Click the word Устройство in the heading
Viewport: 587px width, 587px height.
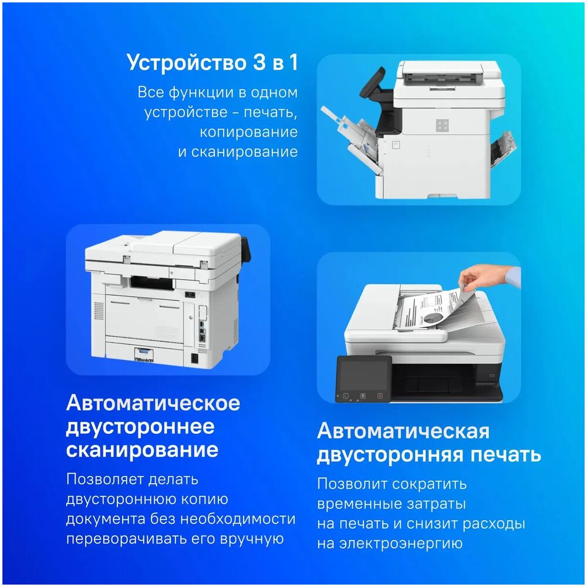[186, 62]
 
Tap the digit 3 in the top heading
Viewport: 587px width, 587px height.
[259, 62]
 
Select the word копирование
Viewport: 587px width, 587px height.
[248, 132]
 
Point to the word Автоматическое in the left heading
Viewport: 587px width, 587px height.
[153, 403]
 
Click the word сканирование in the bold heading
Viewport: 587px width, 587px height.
[142, 450]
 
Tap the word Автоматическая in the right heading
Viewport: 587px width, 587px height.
[403, 431]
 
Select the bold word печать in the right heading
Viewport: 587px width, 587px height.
[506, 455]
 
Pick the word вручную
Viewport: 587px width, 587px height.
[252, 539]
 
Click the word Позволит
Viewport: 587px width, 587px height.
[352, 484]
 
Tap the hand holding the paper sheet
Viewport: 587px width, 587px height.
[487, 277]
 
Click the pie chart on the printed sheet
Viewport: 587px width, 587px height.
[434, 318]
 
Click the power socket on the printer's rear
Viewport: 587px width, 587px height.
[195, 358]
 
